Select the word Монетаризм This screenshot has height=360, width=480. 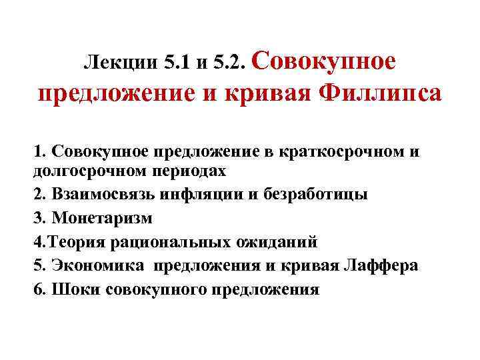101,217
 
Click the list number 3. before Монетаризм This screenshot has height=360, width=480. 38,217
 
